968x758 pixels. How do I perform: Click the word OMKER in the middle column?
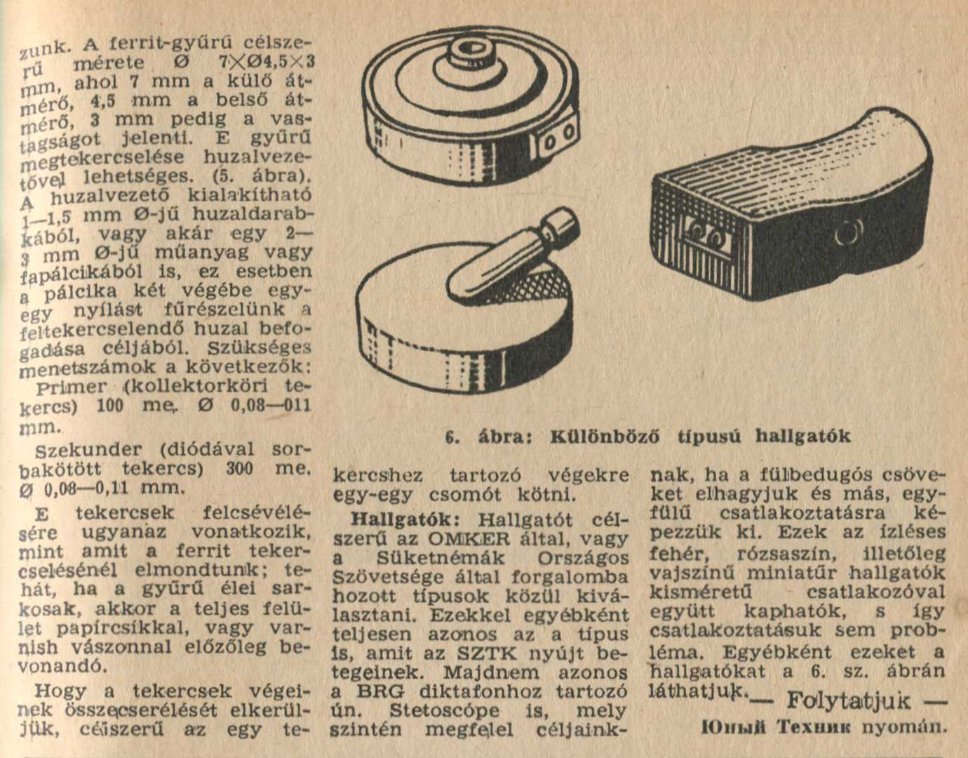469,539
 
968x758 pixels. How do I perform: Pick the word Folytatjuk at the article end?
849,700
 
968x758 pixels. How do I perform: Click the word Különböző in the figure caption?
605,437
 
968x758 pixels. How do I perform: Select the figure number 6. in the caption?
453,437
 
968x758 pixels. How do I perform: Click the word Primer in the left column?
72,387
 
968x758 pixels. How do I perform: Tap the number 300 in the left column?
240,469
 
